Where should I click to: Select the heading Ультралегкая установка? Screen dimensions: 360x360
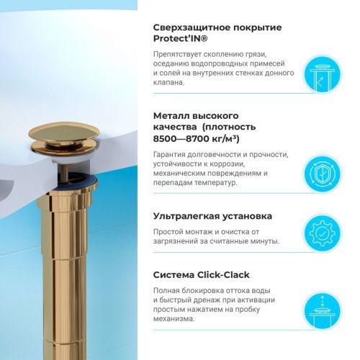pos(212,216)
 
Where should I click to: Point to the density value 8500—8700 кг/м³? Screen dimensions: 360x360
pos(197,138)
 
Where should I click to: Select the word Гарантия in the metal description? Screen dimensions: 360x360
pos(173,155)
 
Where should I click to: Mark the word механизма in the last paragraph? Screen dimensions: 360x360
pos(176,318)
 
